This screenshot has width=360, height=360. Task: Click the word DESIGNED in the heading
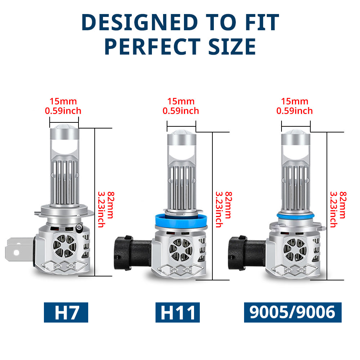pyautogui.click(x=139, y=22)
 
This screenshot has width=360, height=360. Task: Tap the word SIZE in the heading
pyautogui.click(x=232, y=46)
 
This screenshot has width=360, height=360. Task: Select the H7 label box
pyautogui.click(x=66, y=312)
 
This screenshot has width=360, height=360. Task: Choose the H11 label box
pyautogui.click(x=177, y=312)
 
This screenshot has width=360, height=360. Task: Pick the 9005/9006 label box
pyautogui.click(x=293, y=312)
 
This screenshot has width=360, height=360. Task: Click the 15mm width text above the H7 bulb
pyautogui.click(x=63, y=101)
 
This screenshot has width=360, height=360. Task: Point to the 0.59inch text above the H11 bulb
pyautogui.click(x=181, y=111)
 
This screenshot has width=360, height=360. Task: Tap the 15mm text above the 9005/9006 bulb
pyautogui.click(x=294, y=101)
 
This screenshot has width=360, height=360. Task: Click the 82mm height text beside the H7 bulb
pyautogui.click(x=111, y=205)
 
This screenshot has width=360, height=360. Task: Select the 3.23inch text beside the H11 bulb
pyautogui.click(x=219, y=210)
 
